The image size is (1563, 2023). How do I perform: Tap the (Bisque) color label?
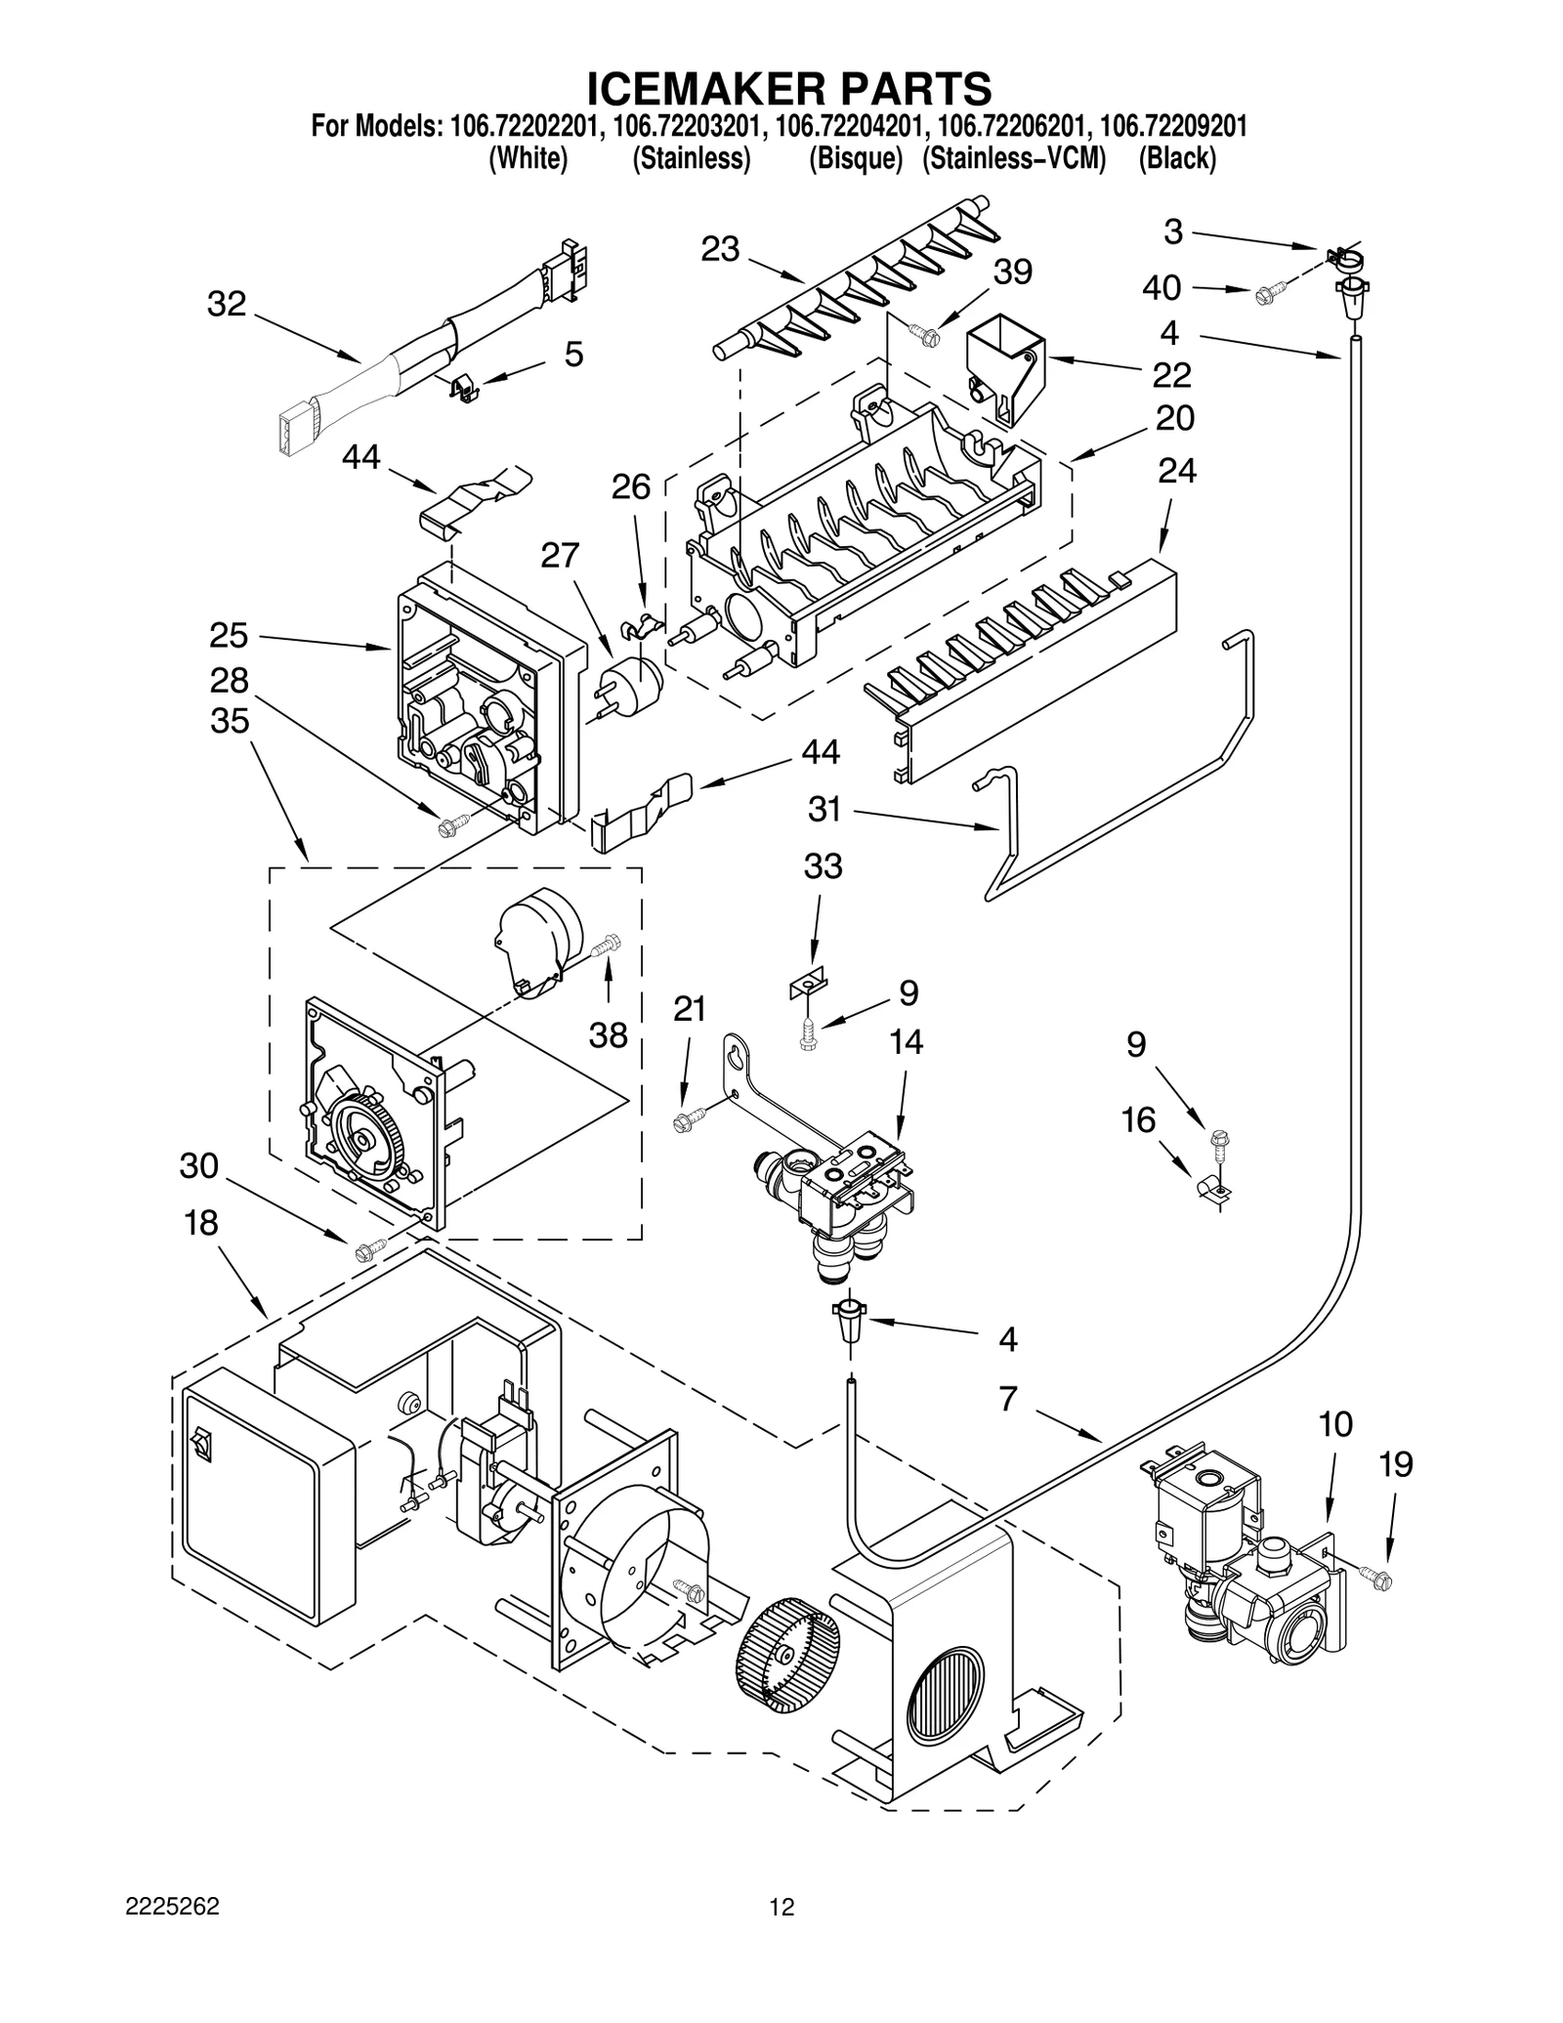[x=855, y=158]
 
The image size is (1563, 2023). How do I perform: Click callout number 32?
[x=226, y=304]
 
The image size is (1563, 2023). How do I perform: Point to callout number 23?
[x=721, y=250]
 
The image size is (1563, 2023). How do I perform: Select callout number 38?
[x=608, y=1034]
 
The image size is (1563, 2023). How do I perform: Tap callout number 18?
[x=200, y=1222]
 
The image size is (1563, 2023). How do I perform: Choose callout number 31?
[x=825, y=809]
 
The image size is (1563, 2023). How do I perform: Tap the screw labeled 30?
[x=370, y=1246]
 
